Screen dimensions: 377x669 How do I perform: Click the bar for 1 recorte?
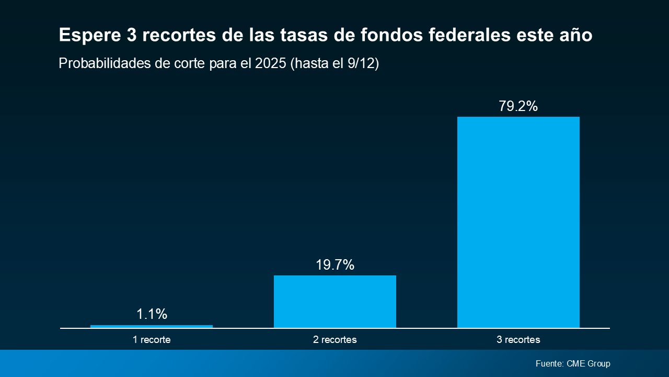point(152,326)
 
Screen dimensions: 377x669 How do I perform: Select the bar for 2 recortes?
point(335,302)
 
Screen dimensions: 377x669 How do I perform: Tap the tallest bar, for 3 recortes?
point(518,223)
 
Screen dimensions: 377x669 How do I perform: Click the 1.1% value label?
point(152,314)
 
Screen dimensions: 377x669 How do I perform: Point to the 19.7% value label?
point(335,265)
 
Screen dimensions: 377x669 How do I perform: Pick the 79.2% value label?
point(518,106)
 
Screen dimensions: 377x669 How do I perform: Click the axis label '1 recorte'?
point(152,340)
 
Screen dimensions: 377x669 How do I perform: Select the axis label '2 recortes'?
point(335,340)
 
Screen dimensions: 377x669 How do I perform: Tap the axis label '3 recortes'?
point(518,340)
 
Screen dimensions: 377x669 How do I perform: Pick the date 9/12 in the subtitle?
point(361,64)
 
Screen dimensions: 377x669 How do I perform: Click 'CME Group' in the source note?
point(588,363)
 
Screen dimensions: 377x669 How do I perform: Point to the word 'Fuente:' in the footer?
point(549,363)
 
